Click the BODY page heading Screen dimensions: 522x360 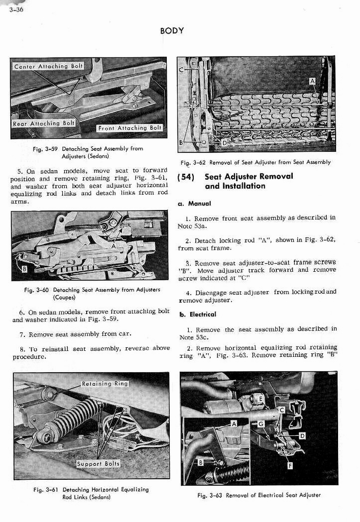tap(172, 31)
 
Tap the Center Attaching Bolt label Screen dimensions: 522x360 tap(48, 66)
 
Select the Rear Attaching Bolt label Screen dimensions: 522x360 tap(44, 123)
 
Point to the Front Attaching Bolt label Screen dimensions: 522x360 tap(130, 128)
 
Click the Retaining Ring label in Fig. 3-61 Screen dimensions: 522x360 tap(106, 384)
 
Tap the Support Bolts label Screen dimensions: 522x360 tap(98, 463)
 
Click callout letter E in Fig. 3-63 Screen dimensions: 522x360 tap(261, 398)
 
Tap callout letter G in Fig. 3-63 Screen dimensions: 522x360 tap(261, 424)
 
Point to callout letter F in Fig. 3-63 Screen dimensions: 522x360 tap(290, 465)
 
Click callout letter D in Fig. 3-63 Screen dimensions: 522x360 tap(302, 435)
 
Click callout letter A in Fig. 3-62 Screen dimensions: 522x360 tap(312, 82)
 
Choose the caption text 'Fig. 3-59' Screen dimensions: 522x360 tap(44, 149)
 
